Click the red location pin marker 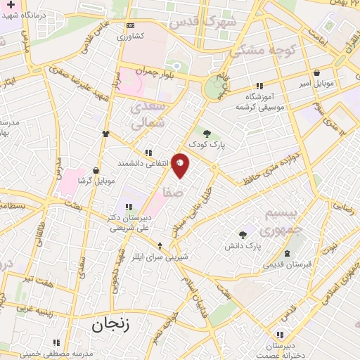[181, 165]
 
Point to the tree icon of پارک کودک [207, 134]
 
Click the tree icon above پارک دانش [243, 235]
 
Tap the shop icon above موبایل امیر [317, 72]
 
